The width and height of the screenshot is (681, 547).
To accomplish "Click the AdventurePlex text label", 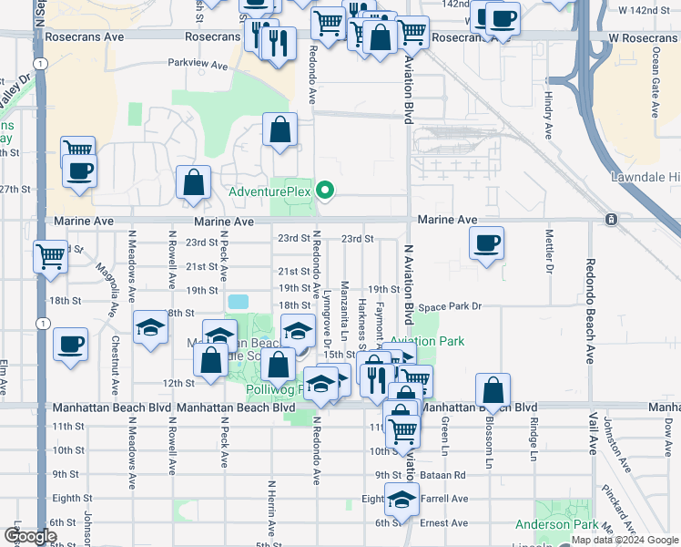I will pos(269,191).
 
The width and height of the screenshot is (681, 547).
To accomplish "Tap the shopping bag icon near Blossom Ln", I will pos(493,389).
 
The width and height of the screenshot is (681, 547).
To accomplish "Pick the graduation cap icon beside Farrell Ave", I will pos(401,500).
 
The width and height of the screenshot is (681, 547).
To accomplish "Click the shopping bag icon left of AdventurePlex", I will pos(194,182).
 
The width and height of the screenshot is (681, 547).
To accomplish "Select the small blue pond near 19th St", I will pos(238,301).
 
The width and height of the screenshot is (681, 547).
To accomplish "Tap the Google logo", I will pos(31,537).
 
